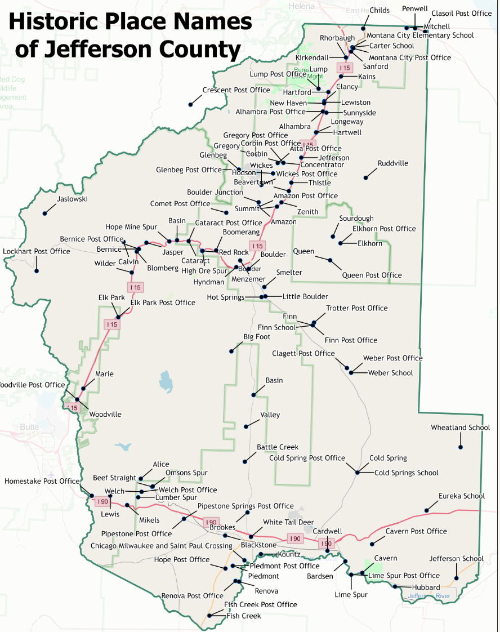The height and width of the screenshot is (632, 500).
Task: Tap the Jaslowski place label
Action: tap(73, 199)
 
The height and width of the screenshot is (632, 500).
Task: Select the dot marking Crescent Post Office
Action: tap(191, 104)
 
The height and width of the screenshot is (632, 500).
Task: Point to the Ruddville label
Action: tap(393, 163)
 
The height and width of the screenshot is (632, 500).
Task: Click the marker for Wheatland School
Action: tap(461, 447)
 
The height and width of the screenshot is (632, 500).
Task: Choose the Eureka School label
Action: tap(462, 496)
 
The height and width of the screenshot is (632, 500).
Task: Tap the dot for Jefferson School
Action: tap(456, 578)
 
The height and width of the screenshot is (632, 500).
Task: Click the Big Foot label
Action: tap(257, 337)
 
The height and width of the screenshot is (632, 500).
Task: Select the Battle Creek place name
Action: tap(278, 447)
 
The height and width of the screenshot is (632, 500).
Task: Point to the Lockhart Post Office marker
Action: tap(37, 271)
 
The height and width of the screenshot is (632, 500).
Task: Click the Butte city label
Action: tap(29, 427)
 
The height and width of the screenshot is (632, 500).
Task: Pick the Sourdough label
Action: tap(356, 219)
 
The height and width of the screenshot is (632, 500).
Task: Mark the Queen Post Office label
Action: tap(372, 275)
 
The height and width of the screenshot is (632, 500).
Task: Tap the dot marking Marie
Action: tap(83, 388)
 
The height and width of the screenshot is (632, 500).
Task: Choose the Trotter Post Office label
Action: tap(357, 308)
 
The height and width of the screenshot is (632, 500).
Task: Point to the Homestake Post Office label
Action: tap(42, 481)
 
